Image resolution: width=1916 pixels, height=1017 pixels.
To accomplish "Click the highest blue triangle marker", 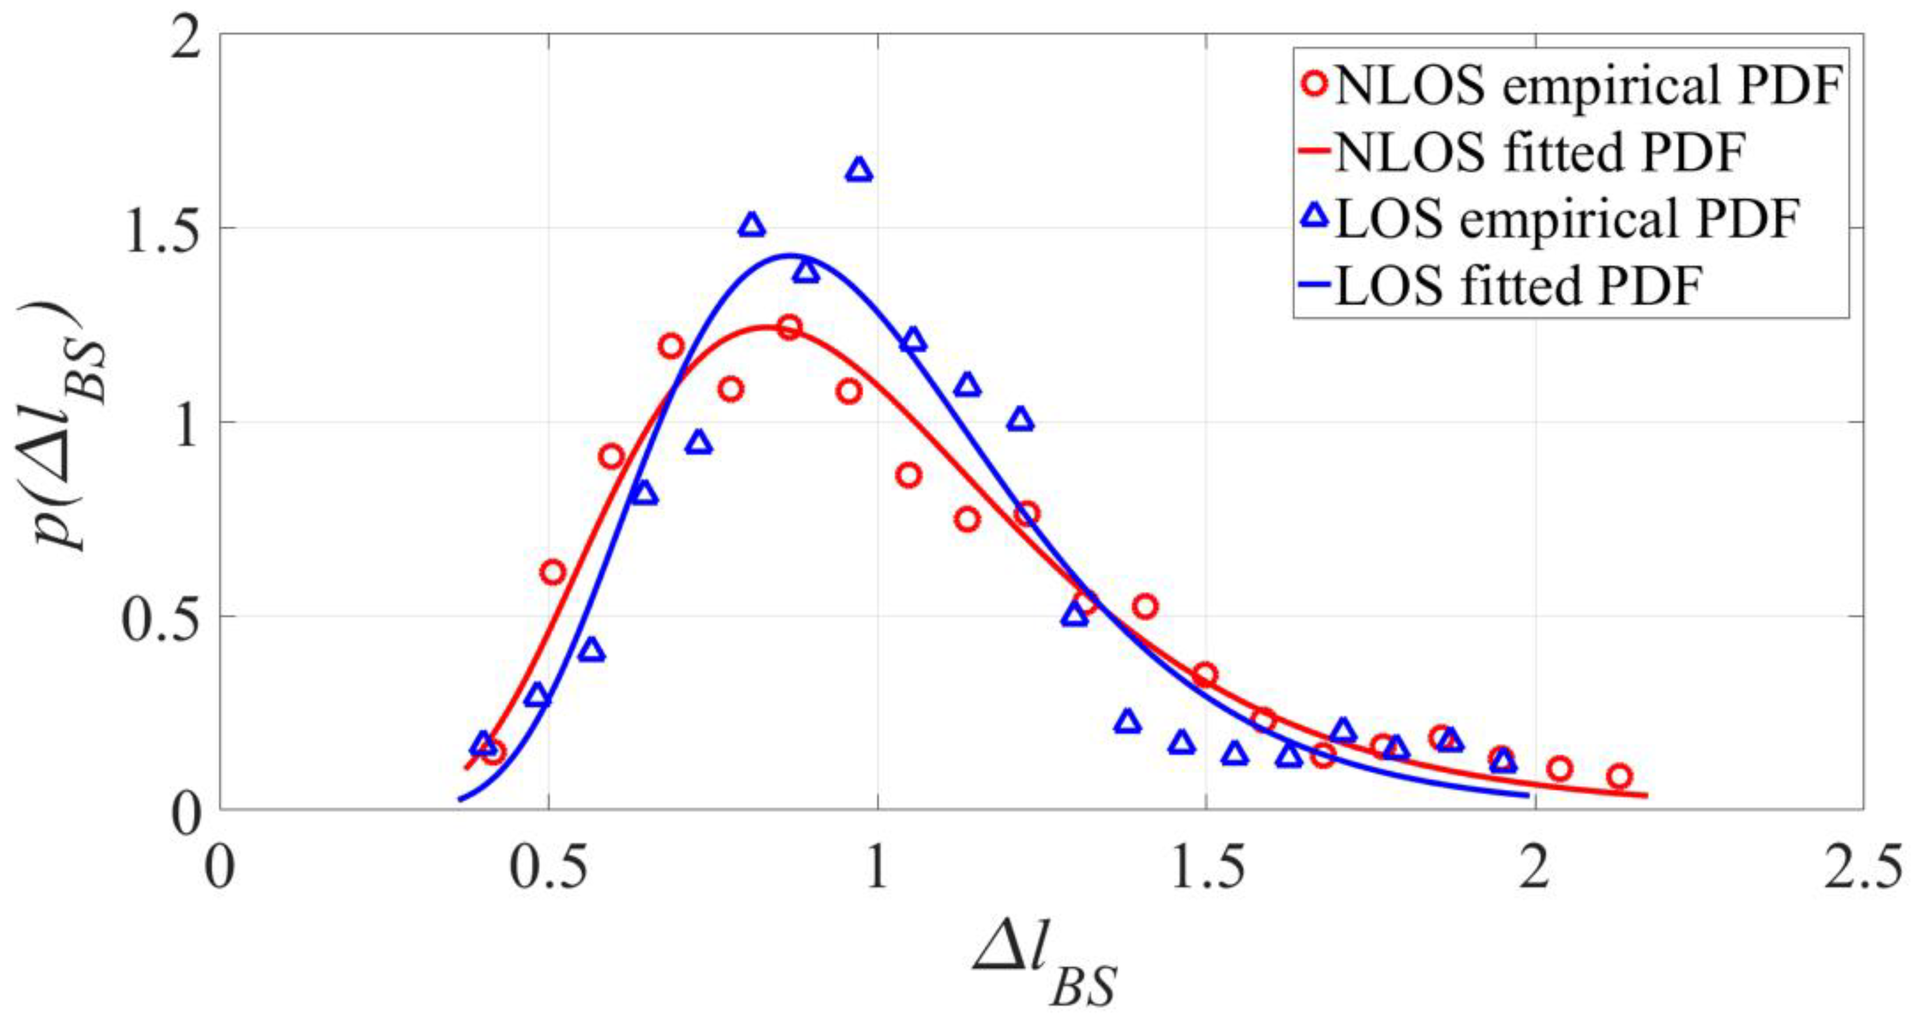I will tap(859, 170).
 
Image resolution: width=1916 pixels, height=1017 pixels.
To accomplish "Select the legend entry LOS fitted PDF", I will tap(1518, 286).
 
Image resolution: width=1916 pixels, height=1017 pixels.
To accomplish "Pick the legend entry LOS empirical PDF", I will tap(1562, 220).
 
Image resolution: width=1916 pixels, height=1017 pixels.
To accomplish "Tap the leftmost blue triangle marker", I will tap(483, 742).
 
